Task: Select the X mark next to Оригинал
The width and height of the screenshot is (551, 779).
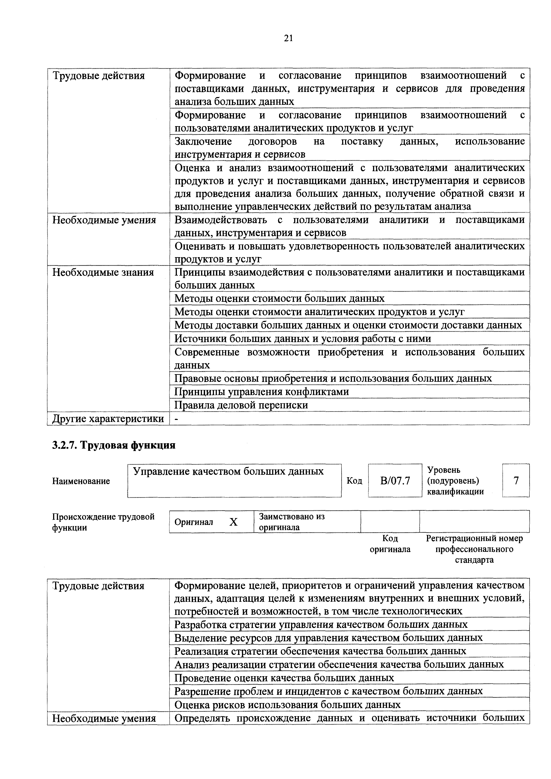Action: [233, 522]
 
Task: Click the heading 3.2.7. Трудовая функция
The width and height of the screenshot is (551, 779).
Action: [114, 445]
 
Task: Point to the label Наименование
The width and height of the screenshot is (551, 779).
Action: [81, 481]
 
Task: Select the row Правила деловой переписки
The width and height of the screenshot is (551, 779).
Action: [241, 405]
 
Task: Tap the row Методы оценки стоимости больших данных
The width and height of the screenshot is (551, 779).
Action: [279, 298]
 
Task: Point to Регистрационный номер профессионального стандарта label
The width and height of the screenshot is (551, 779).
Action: [474, 549]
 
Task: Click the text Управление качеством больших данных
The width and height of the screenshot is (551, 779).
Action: [228, 471]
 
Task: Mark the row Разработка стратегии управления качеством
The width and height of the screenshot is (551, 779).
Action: [321, 624]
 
